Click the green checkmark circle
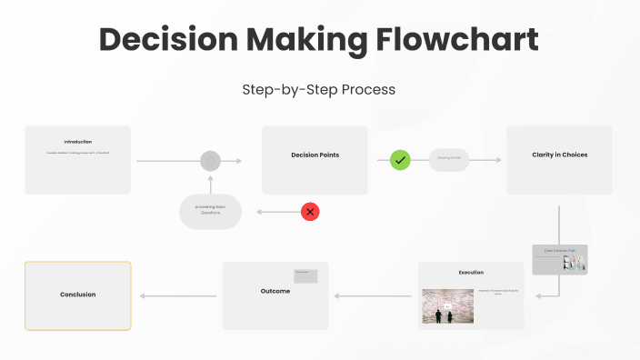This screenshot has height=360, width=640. click(x=401, y=160)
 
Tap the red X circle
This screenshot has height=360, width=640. click(x=310, y=212)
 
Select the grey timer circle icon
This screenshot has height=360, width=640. click(x=211, y=161)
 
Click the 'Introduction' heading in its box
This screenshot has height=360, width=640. click(x=77, y=142)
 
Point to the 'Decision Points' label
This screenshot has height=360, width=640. click(x=315, y=155)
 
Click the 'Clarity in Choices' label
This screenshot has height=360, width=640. click(x=559, y=155)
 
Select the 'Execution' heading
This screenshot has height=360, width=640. click(x=471, y=272)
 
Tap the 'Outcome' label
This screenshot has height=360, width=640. click(x=275, y=291)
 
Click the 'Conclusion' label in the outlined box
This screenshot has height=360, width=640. click(x=77, y=295)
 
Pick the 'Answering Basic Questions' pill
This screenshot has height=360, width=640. click(x=210, y=211)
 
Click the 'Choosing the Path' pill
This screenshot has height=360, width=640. click(x=448, y=160)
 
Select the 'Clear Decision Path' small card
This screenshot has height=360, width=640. click(x=560, y=259)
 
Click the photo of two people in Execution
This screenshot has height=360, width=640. click(x=447, y=306)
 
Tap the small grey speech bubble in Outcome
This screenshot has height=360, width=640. click(x=305, y=276)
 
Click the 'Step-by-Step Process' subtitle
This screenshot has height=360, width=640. click(x=319, y=90)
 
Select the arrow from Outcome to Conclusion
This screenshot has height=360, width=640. click(x=178, y=295)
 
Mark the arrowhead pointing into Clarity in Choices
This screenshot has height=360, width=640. click(x=497, y=160)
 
